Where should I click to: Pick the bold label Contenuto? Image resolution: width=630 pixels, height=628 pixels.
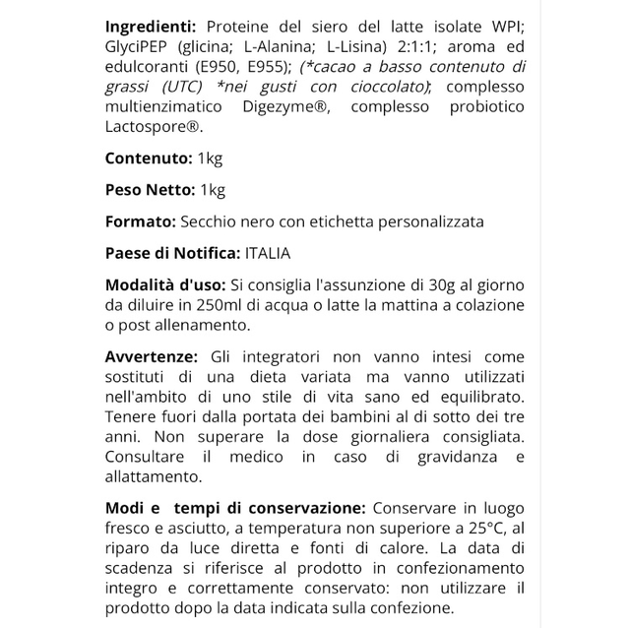[x=149, y=158]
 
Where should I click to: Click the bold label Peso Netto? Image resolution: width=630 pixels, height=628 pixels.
[x=151, y=190]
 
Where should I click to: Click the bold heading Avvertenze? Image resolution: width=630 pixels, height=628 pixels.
[x=152, y=356]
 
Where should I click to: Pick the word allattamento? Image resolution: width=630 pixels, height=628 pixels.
[x=154, y=477]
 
